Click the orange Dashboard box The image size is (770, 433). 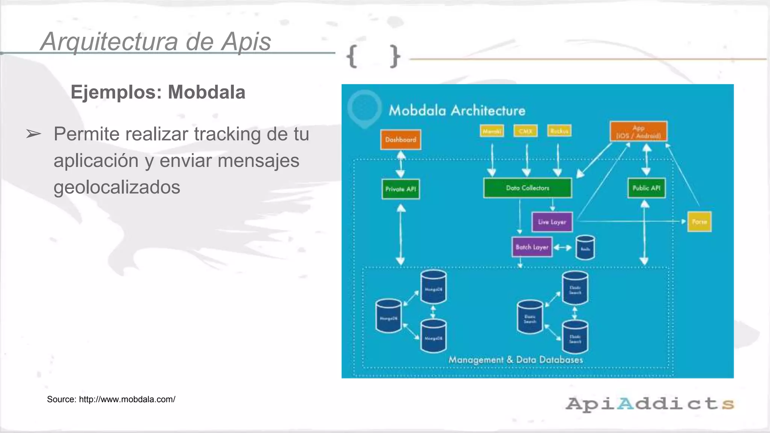tap(400, 139)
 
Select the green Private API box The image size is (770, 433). tap(400, 189)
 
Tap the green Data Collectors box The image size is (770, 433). tap(527, 188)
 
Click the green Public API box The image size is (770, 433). tap(646, 188)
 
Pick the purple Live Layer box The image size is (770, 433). tap(552, 222)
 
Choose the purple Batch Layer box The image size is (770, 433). tap(532, 247)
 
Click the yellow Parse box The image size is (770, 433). tap(699, 222)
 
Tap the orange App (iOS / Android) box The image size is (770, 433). tap(638, 132)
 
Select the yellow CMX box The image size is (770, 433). tap(525, 131)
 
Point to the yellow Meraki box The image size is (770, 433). tap(492, 131)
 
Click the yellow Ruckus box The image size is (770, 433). tap(559, 131)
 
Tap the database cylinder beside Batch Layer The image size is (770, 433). tap(585, 248)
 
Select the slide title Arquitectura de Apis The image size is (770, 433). tap(156, 41)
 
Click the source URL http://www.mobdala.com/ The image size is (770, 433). tap(127, 399)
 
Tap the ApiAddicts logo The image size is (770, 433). tap(650, 404)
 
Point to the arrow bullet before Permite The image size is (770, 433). tap(33, 134)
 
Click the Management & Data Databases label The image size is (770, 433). tap(515, 360)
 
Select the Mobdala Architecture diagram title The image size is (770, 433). tap(457, 111)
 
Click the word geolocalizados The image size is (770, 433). tap(117, 187)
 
